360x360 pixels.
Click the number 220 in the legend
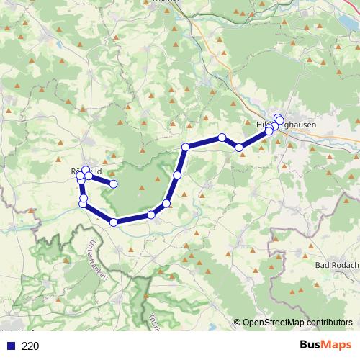tap(30, 346)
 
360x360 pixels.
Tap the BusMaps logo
tap(325, 345)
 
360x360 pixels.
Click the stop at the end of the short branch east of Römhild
tap(114, 184)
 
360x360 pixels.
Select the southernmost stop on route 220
tap(113, 222)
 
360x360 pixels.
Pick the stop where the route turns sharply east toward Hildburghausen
tap(186, 147)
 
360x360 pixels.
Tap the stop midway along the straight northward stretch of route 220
tap(177, 174)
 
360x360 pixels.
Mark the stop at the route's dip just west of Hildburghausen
tap(239, 148)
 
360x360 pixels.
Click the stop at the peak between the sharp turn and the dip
tap(222, 137)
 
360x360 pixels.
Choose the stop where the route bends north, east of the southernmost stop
tap(167, 203)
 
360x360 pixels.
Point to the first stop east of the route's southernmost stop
tap(151, 215)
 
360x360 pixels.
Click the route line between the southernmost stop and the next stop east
tap(132, 218)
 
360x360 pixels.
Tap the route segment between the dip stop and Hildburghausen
tap(254, 139)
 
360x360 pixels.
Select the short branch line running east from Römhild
tap(102, 179)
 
